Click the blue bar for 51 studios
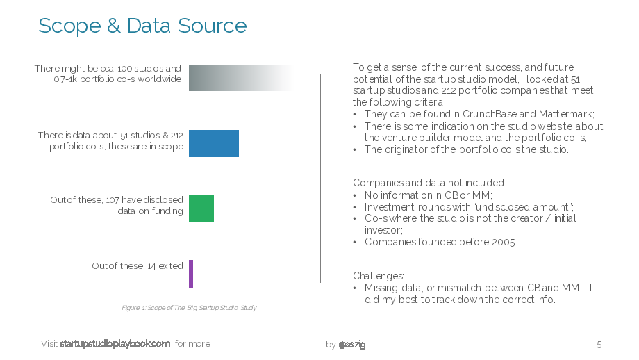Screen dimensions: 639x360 (213, 143)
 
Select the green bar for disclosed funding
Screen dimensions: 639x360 (201, 208)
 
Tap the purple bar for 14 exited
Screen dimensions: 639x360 (191, 274)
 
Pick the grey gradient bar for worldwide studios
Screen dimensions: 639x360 (240, 77)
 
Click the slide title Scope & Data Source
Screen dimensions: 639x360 (142, 26)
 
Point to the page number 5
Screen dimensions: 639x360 (599, 345)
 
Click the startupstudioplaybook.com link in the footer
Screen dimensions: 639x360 (115, 344)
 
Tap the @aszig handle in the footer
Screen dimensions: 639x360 (352, 345)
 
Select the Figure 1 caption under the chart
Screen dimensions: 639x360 (189, 308)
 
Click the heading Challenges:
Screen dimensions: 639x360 (379, 276)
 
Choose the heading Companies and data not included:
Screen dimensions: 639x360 (429, 183)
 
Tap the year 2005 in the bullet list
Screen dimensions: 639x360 (504, 242)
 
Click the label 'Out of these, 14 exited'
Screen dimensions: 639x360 (138, 265)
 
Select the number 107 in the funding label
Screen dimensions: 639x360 (113, 199)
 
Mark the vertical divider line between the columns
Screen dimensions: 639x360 (320, 179)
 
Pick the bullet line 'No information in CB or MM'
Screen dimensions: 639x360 (429, 195)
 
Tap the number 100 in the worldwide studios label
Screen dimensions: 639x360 (125, 69)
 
